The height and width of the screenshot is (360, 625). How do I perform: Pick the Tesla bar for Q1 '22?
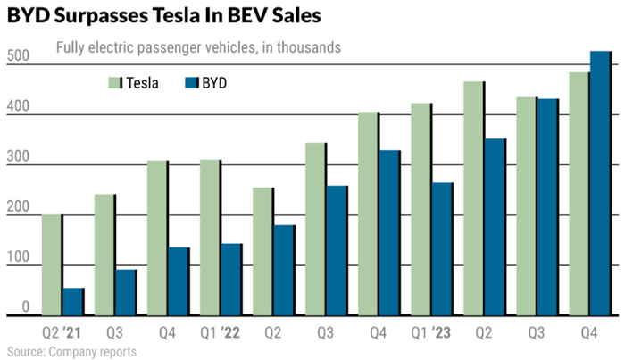click(x=210, y=237)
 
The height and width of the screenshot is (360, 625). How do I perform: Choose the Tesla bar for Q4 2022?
click(x=368, y=213)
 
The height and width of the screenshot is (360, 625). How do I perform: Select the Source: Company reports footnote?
click(x=71, y=352)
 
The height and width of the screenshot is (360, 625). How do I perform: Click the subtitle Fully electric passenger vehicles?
click(x=152, y=47)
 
